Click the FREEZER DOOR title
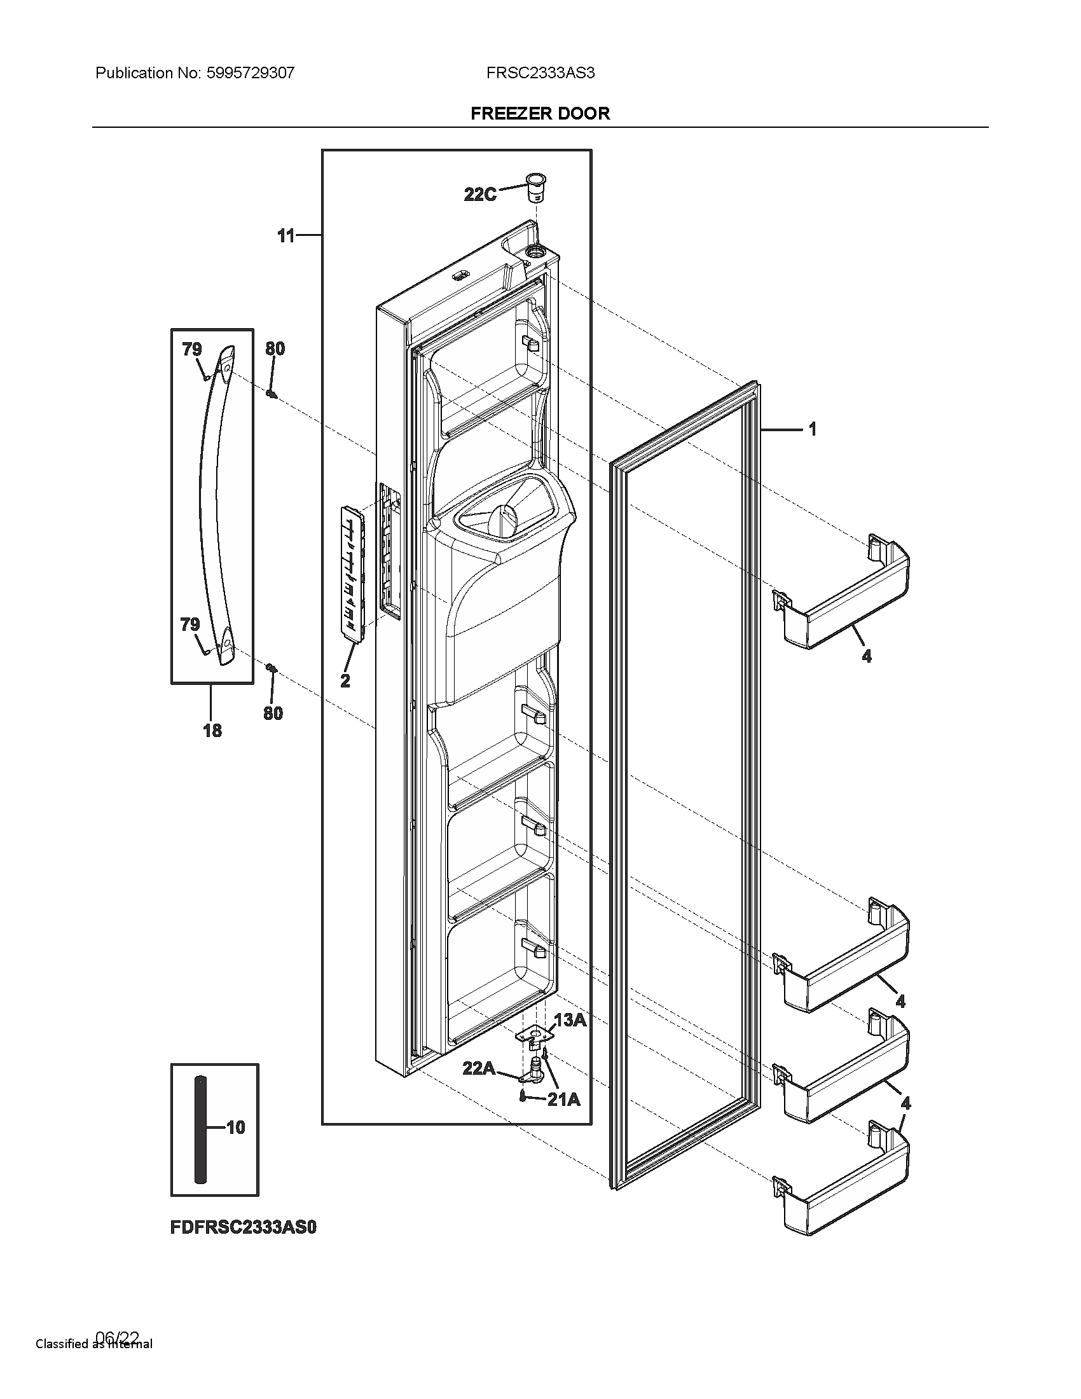540,113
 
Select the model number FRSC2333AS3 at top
540,73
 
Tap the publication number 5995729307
250,73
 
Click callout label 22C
479,195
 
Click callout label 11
286,237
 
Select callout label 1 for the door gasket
813,429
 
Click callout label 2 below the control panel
345,681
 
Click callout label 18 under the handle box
212,729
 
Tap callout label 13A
569,1021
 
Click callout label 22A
479,1068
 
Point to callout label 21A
563,1100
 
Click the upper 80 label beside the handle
275,349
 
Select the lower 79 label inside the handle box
190,624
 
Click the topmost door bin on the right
844,596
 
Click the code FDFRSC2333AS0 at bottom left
244,1227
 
